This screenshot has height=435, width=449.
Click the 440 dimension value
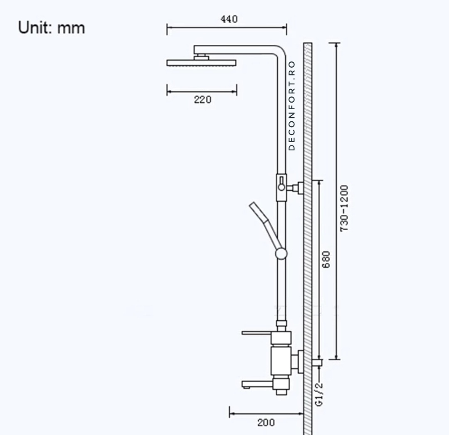coord(229,19)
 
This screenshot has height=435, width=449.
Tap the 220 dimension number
coord(203,100)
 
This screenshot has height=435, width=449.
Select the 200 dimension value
coord(266,423)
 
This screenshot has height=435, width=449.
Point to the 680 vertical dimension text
coord(326,259)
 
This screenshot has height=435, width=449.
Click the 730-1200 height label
coord(344,208)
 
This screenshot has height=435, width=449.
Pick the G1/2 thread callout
coord(319,394)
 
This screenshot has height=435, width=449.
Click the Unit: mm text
coord(52,28)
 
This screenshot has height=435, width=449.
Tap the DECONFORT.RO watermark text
coord(292,106)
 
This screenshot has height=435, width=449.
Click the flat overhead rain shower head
coord(201,63)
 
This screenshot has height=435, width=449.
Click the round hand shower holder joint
coord(281,253)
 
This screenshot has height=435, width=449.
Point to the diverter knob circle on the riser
coord(281,187)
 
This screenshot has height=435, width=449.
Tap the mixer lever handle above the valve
coord(256,333)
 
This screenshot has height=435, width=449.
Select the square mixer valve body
coord(281,361)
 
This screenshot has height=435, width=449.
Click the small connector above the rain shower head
coord(201,57)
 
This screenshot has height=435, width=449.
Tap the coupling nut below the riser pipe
coord(281,324)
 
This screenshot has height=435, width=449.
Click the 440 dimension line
coord(227,27)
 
